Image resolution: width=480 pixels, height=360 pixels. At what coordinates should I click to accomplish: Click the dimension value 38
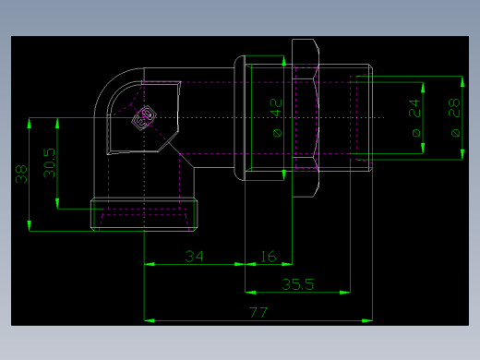(x=20, y=174)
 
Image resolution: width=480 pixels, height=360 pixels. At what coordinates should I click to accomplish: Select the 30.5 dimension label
(x=49, y=163)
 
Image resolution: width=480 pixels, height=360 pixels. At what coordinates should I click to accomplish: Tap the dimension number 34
(x=194, y=255)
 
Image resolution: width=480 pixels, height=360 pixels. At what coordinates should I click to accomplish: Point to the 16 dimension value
(x=269, y=255)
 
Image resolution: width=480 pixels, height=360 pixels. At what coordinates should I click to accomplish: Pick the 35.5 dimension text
(x=297, y=284)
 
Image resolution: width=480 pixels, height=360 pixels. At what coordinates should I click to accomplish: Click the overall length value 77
(x=258, y=313)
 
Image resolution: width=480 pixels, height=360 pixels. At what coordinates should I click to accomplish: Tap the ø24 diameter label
(x=414, y=118)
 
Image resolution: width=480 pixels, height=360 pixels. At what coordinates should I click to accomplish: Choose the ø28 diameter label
(x=454, y=118)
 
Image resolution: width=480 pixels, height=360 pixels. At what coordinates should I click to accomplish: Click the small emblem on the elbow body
(x=143, y=117)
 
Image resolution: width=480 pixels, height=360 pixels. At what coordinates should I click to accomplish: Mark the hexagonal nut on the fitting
(x=306, y=118)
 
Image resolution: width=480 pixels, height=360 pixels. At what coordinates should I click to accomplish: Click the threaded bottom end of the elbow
(x=145, y=215)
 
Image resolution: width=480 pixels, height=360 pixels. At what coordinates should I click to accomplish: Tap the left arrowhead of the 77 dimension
(x=149, y=320)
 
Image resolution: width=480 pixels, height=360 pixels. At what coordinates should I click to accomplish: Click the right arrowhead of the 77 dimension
(x=368, y=320)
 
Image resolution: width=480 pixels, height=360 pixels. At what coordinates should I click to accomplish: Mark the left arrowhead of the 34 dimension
(x=149, y=264)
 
